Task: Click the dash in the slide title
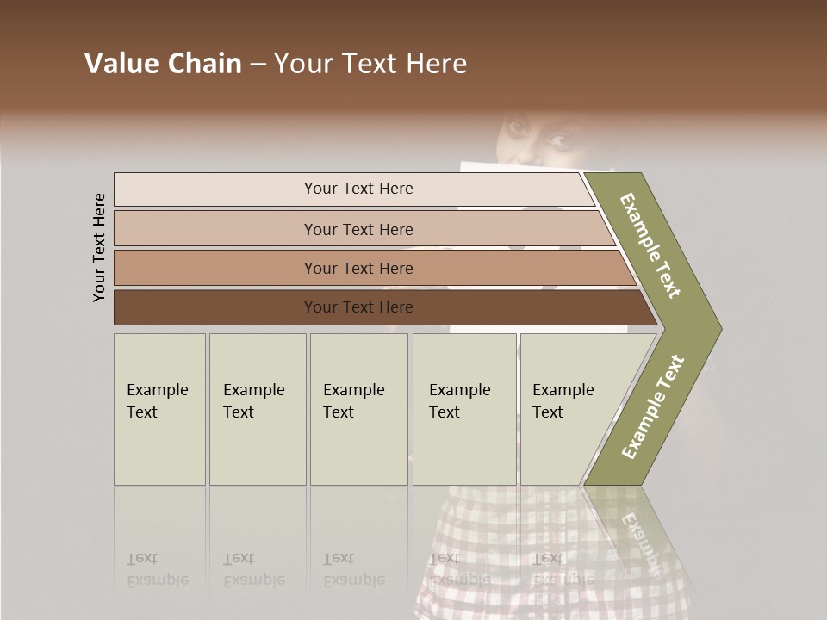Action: [258, 65]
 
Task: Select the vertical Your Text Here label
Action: [99, 248]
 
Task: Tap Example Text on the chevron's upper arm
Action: [651, 245]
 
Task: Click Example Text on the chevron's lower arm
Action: [652, 406]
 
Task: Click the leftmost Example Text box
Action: [159, 408]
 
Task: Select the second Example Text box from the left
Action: [258, 408]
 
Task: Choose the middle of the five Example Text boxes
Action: [358, 408]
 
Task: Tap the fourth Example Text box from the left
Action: [464, 408]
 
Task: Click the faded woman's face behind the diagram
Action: [534, 138]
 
